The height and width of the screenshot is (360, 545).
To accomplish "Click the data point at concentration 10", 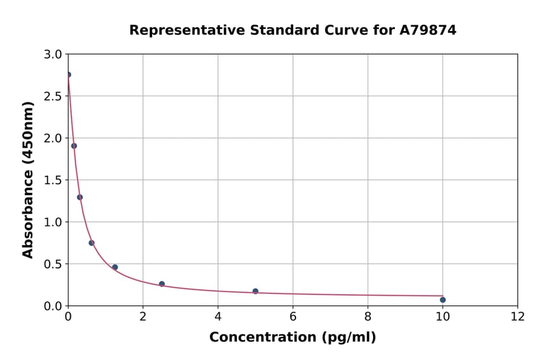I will tap(443, 299).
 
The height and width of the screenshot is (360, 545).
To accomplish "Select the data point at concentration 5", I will tap(256, 291).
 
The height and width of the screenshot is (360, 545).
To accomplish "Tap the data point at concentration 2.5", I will tap(162, 284).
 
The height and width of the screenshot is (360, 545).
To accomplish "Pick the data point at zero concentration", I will tap(68, 75).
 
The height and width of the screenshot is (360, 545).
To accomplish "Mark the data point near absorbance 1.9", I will tap(74, 145).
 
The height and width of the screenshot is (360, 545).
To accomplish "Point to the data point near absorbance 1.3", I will tap(80, 197).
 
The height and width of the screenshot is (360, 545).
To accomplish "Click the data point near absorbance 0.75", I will tap(91, 242).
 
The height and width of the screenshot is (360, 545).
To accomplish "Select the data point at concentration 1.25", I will tap(115, 267).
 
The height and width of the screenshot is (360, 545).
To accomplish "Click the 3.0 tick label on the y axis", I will tap(53, 55).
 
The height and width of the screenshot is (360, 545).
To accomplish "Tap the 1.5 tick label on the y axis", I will tap(53, 180).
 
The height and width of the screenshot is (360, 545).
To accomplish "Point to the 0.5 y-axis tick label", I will tap(53, 264).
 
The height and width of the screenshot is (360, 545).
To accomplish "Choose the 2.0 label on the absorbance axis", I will tap(53, 138).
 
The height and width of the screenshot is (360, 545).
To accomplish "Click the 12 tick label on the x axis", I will tap(518, 316).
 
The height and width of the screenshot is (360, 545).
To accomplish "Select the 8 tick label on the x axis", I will tap(368, 316).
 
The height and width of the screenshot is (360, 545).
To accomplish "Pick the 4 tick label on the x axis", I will tap(218, 316).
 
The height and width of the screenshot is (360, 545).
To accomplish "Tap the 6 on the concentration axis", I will tap(293, 316).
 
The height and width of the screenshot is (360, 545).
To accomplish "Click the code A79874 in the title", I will tap(428, 30).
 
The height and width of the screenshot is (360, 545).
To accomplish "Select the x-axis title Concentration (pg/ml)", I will tap(292, 337).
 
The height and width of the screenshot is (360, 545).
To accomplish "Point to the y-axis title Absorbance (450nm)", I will tap(28, 180).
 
